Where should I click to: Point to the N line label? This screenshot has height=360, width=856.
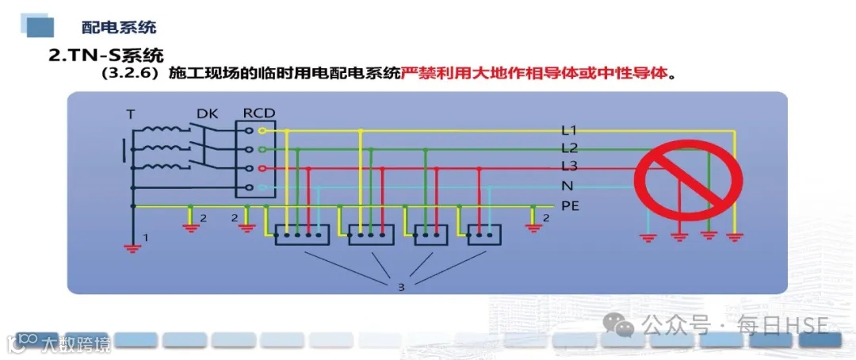[x=567, y=186]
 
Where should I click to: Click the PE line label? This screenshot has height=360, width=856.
[x=571, y=205]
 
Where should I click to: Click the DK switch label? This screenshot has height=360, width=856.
[x=208, y=113]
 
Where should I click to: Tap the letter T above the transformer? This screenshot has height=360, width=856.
[x=131, y=114]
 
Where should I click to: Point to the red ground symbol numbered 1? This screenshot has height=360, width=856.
[x=132, y=247]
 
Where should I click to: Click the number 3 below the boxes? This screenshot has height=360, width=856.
[x=401, y=287]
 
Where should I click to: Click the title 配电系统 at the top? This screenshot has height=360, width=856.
[x=119, y=27]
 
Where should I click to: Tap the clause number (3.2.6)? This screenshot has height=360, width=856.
[x=131, y=75]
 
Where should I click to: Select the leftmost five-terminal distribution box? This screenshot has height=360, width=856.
[x=301, y=236]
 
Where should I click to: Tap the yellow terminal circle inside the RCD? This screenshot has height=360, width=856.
[x=250, y=130]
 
